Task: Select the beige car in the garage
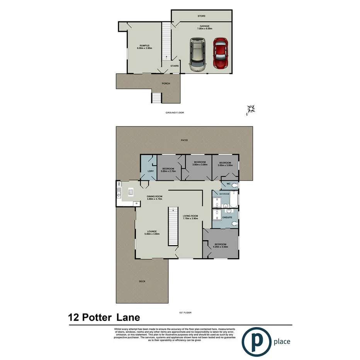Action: tap(197, 54)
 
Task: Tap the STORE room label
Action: tap(202, 16)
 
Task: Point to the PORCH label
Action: tap(166, 83)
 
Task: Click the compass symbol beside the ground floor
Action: tap(251, 109)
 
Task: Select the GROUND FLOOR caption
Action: tap(175, 113)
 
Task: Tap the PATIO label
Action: tap(184, 140)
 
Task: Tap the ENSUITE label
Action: tap(227, 217)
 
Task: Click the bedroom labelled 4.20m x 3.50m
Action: tap(221, 246)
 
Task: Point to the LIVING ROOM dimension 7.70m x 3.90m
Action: tap(190, 218)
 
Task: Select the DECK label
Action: tap(142, 281)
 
